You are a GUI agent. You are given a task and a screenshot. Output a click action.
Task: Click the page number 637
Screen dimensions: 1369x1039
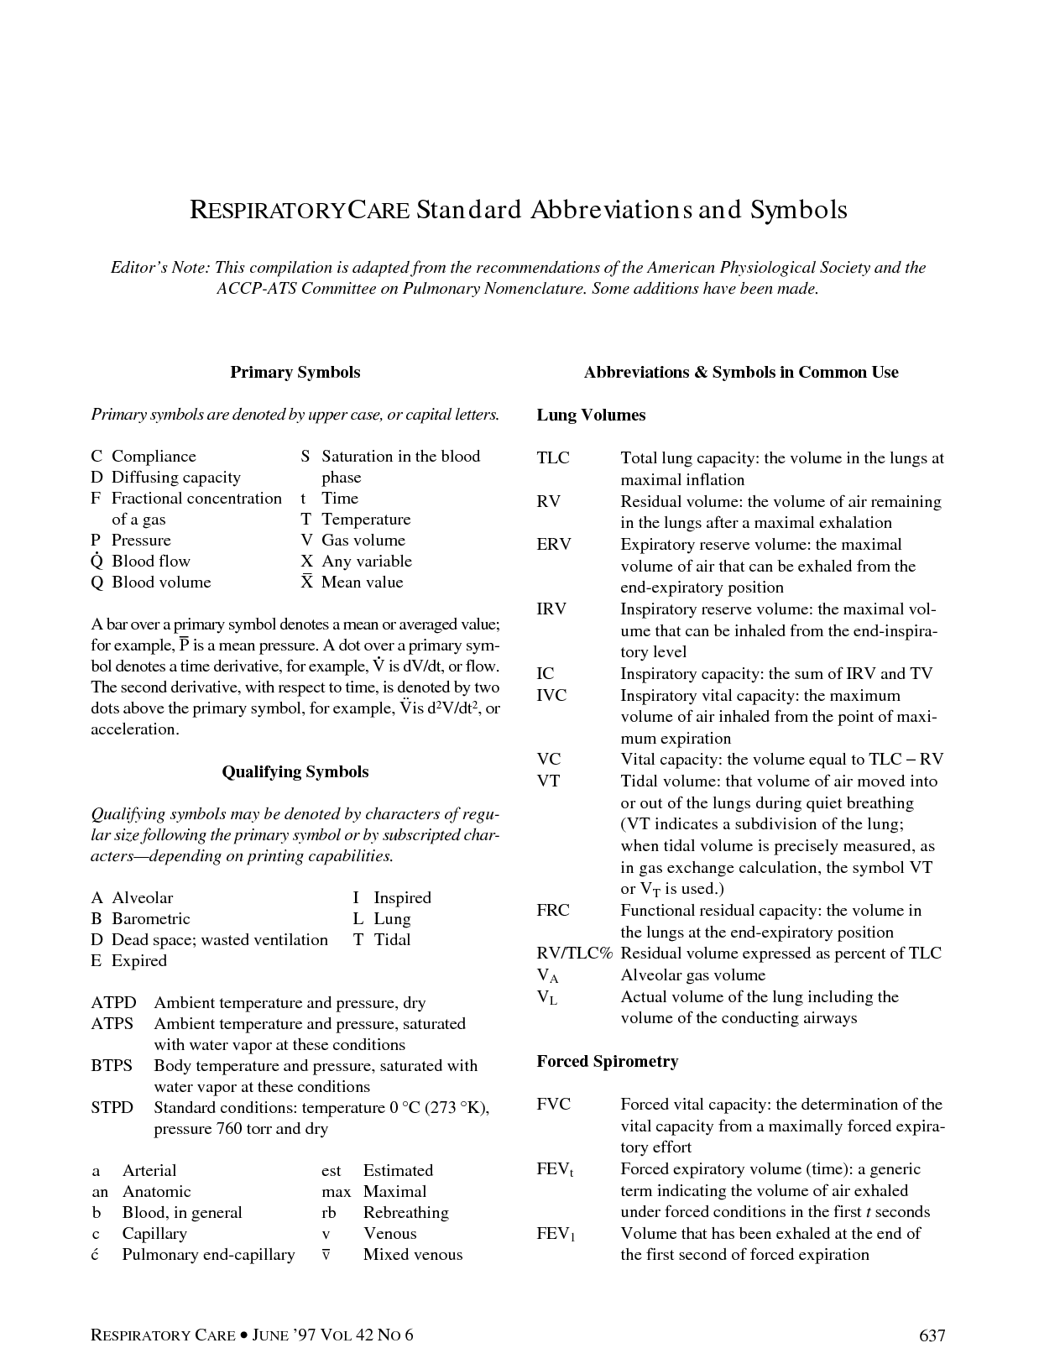[x=932, y=1335]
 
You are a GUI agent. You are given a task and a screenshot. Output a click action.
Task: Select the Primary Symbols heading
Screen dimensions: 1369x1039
[x=295, y=373]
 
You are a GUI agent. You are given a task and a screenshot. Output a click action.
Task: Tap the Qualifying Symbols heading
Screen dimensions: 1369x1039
[x=295, y=772]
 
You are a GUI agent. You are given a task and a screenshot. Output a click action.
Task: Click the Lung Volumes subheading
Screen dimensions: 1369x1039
[x=591, y=415]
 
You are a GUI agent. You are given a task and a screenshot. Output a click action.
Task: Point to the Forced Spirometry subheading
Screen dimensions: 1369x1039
[x=608, y=1062]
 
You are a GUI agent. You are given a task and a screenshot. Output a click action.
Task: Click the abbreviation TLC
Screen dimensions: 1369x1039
[x=553, y=458]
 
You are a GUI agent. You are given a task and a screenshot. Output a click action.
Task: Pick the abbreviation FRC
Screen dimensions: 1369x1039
[x=553, y=911]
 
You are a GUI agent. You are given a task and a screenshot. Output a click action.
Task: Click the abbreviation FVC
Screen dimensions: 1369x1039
[x=554, y=1105]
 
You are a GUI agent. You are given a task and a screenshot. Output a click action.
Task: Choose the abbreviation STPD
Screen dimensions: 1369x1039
[x=112, y=1108]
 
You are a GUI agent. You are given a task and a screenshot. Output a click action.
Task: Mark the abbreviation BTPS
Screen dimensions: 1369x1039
[x=112, y=1066]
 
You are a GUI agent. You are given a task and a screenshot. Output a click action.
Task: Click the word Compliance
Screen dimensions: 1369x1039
[x=154, y=457]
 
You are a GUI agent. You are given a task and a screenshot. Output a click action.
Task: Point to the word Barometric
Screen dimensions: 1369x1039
[x=151, y=919]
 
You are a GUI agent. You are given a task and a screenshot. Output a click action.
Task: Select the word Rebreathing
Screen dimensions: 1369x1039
[x=405, y=1213]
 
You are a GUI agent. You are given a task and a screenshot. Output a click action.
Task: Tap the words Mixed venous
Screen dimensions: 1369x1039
[x=412, y=1255]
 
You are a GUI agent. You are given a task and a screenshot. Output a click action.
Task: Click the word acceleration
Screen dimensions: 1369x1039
[x=134, y=729]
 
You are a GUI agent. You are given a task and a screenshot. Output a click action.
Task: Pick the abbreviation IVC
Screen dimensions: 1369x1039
[x=551, y=696]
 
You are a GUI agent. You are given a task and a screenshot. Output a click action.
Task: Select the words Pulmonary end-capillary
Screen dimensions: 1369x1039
[x=208, y=1255]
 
